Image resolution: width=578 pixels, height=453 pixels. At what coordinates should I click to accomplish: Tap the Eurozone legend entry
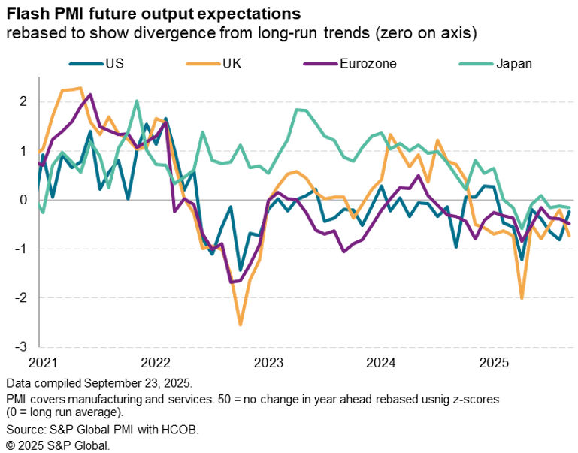pyautogui.click(x=368, y=63)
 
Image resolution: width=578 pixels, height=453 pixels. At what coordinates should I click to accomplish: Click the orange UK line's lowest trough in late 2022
pyautogui.click(x=241, y=325)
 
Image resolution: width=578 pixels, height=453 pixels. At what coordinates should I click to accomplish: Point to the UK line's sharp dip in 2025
pyautogui.click(x=522, y=298)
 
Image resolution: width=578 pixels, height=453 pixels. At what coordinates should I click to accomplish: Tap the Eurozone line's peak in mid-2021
pyautogui.click(x=90, y=95)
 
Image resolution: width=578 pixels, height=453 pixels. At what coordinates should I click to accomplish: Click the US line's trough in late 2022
pyautogui.click(x=241, y=270)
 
